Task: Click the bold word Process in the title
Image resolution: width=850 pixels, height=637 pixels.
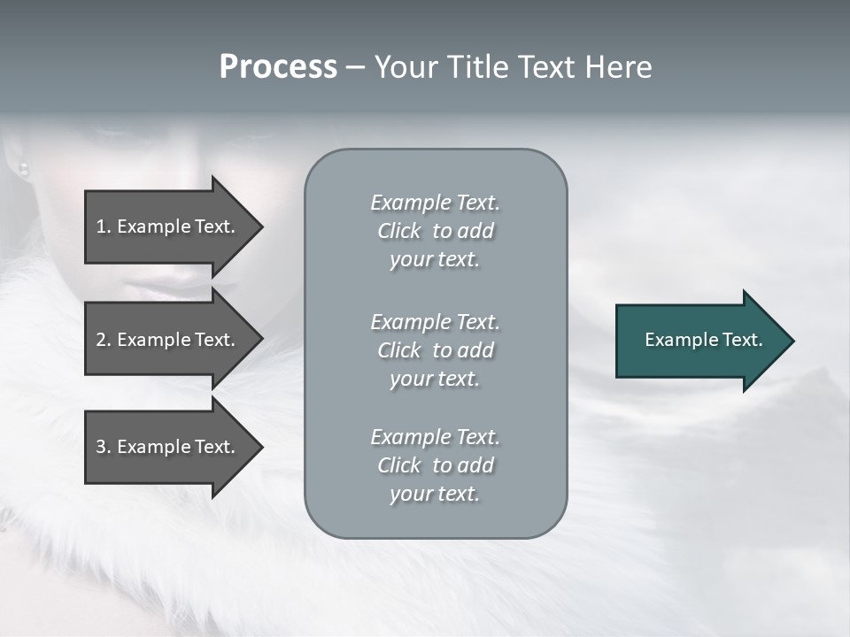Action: click(278, 67)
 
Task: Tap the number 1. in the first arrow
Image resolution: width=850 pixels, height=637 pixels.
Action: click(104, 226)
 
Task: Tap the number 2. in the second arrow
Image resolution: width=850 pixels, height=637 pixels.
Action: click(104, 340)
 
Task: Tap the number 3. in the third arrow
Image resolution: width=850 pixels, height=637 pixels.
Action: click(104, 447)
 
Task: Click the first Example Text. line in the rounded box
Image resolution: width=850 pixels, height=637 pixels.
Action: click(435, 203)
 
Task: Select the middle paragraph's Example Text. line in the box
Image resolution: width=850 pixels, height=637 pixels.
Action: click(435, 321)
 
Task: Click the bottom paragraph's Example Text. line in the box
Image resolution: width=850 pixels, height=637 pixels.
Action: click(435, 437)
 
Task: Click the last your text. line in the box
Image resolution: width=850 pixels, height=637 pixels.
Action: click(435, 494)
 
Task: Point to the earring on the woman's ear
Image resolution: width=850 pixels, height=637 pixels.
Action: click(24, 167)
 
